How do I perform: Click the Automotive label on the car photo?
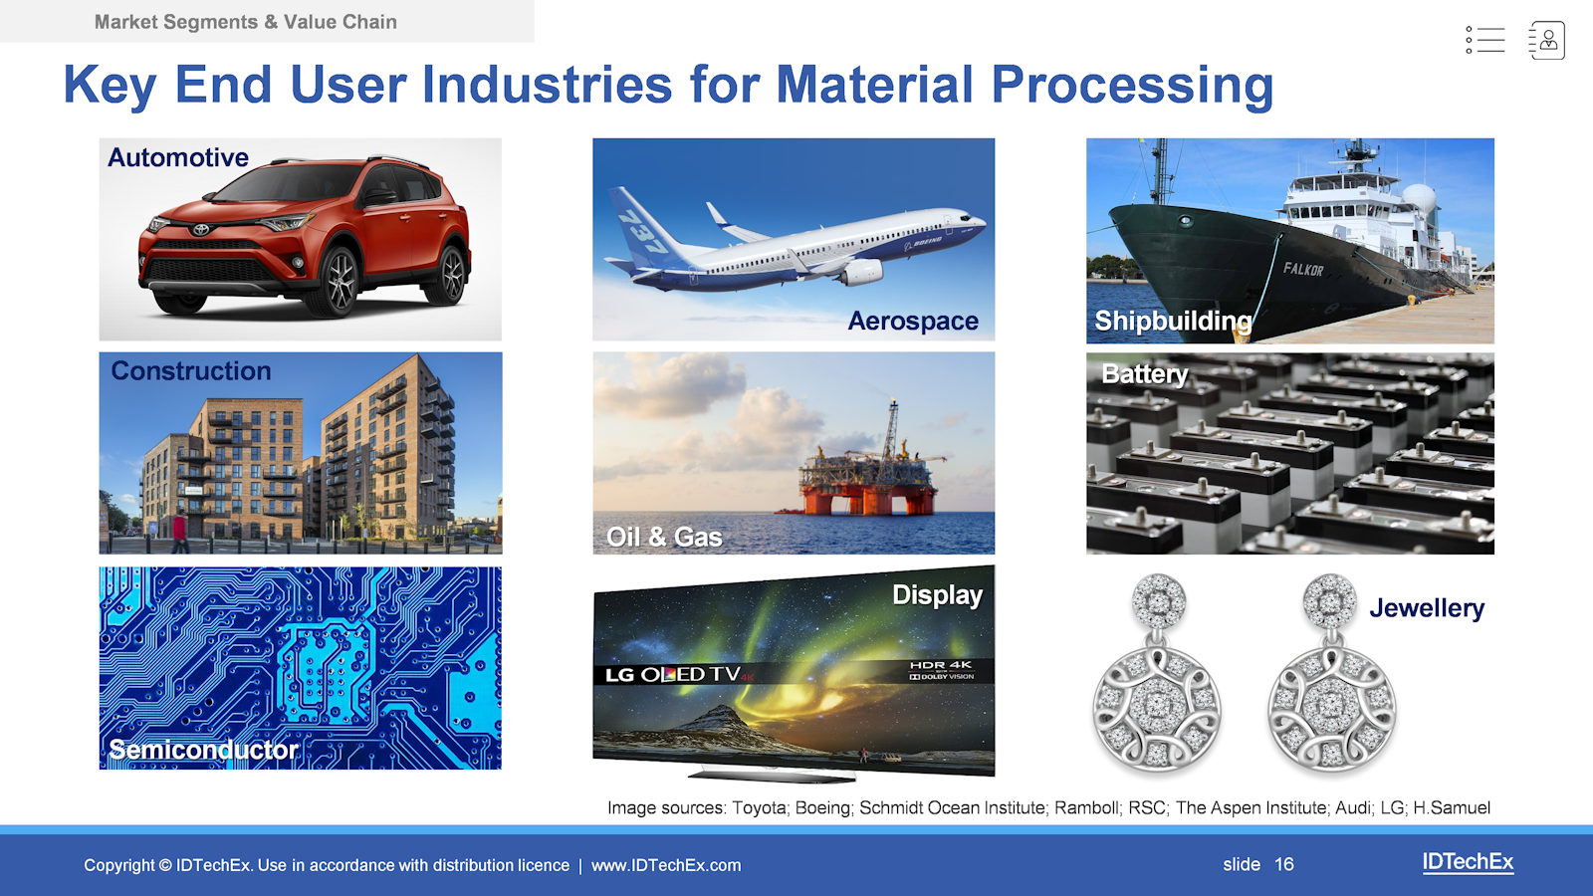pos(178,158)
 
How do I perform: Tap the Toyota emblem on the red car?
pos(200,230)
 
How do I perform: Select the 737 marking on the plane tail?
pos(642,232)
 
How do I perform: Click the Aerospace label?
pos(912,321)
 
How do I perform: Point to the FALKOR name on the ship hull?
pos(1303,269)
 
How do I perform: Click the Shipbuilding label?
pos(1174,321)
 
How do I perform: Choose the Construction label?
pos(190,370)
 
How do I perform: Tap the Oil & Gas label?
pos(663,537)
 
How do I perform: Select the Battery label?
pos(1144,374)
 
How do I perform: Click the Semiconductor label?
pos(203,750)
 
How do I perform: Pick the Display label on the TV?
pos(937,594)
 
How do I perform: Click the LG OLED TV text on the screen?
pos(673,674)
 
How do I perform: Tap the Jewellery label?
pos(1427,608)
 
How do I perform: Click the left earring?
pos(1157,673)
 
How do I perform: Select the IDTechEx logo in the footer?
pos(1468,862)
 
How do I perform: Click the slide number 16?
pos(1283,865)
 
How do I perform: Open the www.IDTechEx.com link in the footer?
pos(666,865)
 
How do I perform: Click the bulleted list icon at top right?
pos(1484,40)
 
